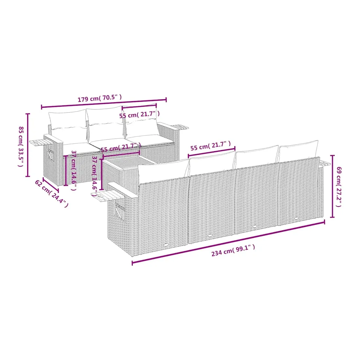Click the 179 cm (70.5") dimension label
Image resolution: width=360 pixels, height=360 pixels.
pos(99,98)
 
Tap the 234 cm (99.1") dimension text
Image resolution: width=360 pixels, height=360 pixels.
pos(233,250)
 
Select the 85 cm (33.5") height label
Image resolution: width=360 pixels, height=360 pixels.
pos(21,147)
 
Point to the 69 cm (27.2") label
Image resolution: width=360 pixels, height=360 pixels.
pos(339,187)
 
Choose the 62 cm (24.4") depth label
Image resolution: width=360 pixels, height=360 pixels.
pos(51,193)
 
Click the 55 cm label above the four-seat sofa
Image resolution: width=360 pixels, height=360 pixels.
pos(210,146)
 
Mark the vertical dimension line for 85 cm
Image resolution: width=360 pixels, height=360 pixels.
pos(28,145)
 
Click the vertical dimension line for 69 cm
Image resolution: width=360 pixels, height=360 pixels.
pos(332,186)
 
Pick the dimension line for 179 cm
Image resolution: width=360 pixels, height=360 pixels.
pos(104,103)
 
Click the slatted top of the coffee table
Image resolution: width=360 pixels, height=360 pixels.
pos(129,161)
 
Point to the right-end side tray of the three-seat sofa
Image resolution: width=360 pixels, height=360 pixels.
pos(180,127)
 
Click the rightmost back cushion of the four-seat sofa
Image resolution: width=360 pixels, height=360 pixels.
pos(298,151)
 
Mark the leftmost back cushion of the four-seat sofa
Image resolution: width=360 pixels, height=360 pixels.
pos(163,171)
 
